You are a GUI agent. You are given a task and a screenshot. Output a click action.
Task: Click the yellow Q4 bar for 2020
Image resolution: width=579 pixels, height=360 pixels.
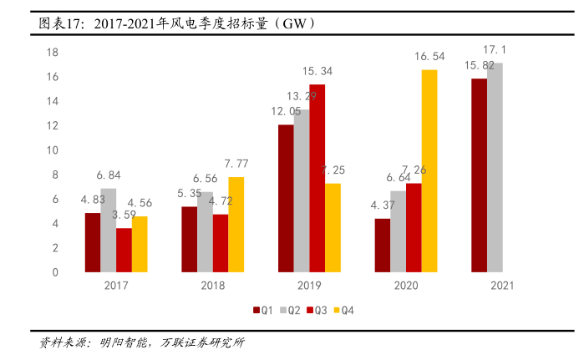coord(429,170)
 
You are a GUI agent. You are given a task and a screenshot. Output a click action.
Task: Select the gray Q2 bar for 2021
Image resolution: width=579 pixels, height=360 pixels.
coord(495,167)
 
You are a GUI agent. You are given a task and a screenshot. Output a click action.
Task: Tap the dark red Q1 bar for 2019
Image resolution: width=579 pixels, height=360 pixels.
coord(286,198)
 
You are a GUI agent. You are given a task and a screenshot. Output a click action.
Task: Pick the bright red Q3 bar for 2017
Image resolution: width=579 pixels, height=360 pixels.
coord(124,250)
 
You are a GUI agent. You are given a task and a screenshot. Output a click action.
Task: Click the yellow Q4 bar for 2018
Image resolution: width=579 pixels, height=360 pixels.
coord(236,224)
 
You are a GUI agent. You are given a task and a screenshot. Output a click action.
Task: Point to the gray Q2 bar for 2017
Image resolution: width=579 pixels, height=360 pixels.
coord(108,230)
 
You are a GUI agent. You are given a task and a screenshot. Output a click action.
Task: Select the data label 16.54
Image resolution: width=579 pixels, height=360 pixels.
coord(429,56)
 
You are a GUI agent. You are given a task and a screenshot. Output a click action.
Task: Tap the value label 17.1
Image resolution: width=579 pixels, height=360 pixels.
coord(495,49)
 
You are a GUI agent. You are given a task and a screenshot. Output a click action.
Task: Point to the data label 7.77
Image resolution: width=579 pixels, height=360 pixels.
coord(236,164)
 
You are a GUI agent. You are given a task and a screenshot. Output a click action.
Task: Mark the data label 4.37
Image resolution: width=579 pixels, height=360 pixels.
coord(381,205)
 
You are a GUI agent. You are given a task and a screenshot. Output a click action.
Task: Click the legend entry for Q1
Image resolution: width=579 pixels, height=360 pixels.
coord(262,310)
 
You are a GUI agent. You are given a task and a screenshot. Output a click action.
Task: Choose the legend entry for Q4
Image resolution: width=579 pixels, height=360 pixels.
coord(343,310)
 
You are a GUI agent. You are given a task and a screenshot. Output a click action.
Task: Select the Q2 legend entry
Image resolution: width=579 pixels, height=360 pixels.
coord(289,310)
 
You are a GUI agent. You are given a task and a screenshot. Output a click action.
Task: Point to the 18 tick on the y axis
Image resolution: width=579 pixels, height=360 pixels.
coord(51,53)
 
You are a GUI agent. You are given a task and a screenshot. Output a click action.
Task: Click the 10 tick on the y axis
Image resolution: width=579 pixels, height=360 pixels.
coord(51,150)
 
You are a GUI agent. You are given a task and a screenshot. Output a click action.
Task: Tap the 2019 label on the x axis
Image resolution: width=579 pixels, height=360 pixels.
coord(310,286)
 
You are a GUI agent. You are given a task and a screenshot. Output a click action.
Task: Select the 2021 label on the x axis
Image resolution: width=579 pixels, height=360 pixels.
coord(502,286)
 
